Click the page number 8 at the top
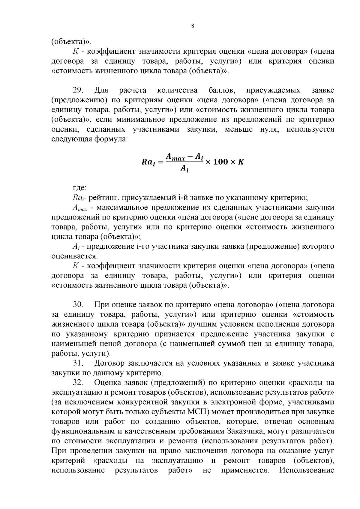[x=193, y=26]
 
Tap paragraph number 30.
[x=79, y=305]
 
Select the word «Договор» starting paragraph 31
[x=109, y=363]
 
